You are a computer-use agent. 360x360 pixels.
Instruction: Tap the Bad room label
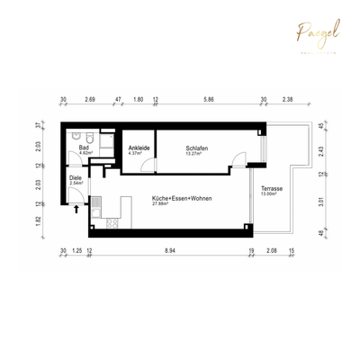coord(83,148)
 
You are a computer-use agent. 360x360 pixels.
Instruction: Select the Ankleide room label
coord(139,148)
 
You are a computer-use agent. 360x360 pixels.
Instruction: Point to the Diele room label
coord(76,178)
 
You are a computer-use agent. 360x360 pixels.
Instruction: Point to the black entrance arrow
coord(76,209)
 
